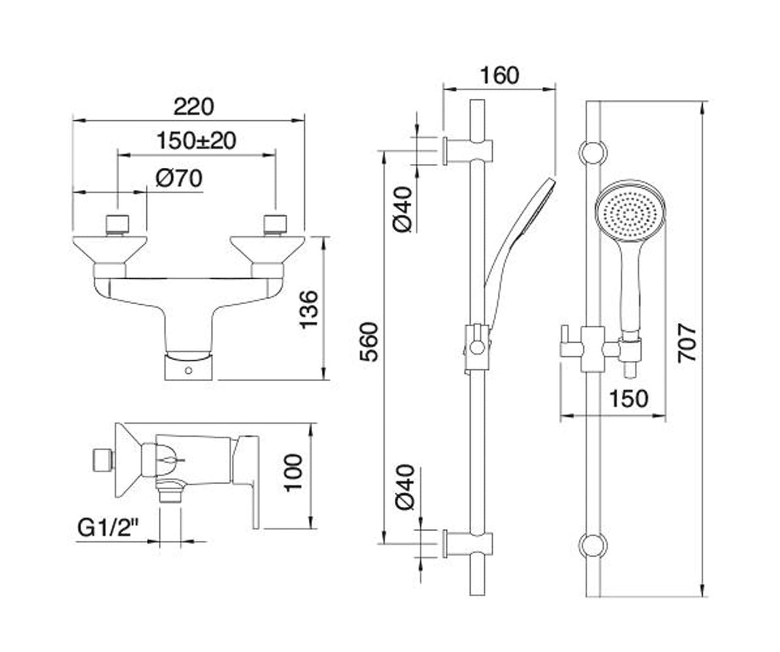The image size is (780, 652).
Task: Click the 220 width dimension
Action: (193, 106)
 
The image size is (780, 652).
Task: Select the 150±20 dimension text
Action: (196, 141)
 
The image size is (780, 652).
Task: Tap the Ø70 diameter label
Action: (179, 178)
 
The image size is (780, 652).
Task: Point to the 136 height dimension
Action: (309, 309)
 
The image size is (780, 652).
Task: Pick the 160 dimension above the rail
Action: (499, 76)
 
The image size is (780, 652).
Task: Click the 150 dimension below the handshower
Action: (628, 399)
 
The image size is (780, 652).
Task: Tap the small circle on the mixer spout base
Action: (188, 370)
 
